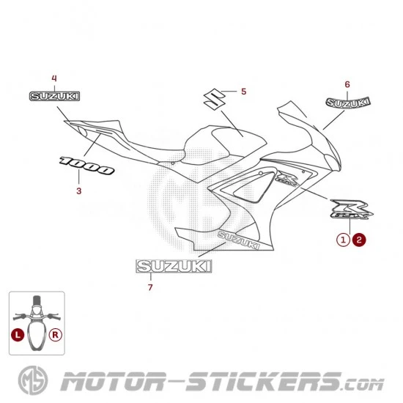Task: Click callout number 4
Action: coord(54,78)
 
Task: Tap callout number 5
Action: coord(244,92)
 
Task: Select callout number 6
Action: coord(347,84)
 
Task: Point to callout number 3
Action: coord(79,191)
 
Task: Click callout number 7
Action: coord(150,287)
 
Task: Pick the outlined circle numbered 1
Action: coord(343,240)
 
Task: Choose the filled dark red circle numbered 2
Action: coord(359,240)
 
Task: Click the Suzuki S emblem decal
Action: coord(215,99)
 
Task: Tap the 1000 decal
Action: coord(86,166)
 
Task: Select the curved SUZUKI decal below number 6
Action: coord(348,103)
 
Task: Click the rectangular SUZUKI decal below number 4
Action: coord(54,96)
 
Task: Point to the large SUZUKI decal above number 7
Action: coord(174,266)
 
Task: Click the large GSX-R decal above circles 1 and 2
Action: coord(352,210)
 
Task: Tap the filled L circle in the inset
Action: coord(18,335)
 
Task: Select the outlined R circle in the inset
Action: coord(56,335)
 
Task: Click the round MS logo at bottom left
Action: coord(33,380)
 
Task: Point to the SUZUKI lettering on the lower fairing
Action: coord(239,240)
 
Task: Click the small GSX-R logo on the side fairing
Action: coord(287,178)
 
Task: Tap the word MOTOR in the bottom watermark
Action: coord(113,381)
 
